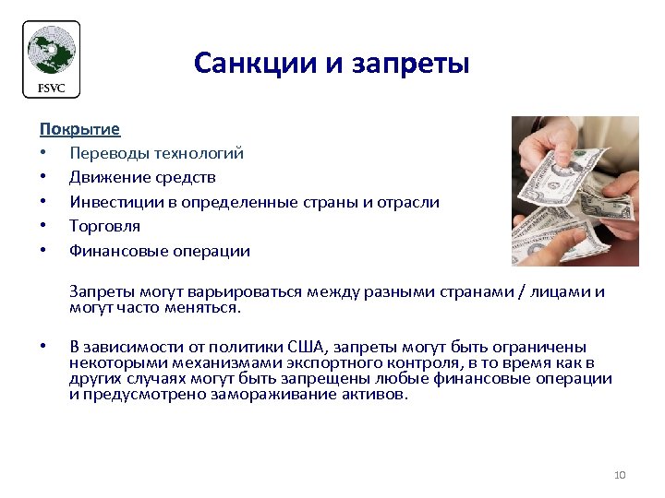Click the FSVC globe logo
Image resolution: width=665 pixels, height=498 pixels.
51,53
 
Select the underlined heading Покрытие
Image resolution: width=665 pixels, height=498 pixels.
79,129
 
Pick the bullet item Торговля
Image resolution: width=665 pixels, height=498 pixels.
104,225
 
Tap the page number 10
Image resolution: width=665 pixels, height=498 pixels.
620,475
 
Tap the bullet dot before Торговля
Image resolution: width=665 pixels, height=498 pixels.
42,226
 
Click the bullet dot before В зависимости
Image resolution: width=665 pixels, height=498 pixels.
42,347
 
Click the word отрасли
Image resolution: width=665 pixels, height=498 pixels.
411,201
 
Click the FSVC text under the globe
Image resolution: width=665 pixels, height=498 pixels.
51,88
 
